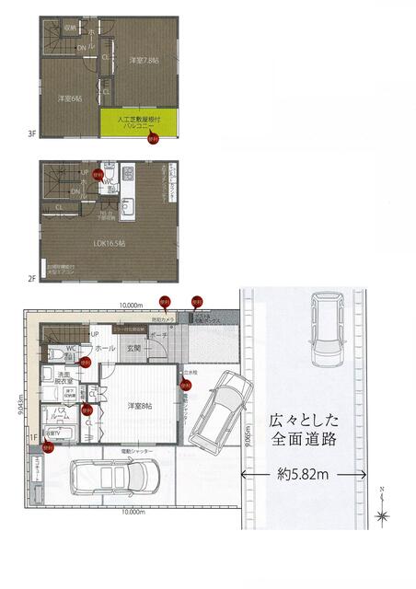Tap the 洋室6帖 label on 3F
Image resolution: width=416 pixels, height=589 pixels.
click(66, 98)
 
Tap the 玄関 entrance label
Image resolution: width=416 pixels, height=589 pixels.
click(134, 349)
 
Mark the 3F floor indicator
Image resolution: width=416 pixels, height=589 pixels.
click(32, 134)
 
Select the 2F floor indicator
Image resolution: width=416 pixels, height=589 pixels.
click(32, 277)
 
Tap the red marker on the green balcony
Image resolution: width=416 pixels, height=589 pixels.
click(154, 140)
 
